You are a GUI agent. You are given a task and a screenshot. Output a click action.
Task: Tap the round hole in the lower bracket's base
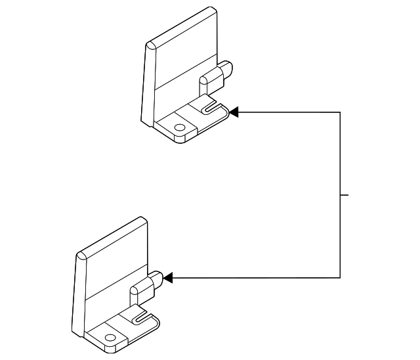(x=110, y=338)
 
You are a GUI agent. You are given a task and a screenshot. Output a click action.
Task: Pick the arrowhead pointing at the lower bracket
(x=167, y=278)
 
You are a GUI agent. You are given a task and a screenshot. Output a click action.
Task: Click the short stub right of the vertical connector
(x=345, y=195)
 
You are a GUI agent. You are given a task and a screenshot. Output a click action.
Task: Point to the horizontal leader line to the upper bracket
(x=289, y=112)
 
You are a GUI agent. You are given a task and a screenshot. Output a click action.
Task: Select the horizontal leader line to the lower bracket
(x=256, y=278)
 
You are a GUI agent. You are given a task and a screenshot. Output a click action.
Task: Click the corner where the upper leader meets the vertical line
(x=340, y=112)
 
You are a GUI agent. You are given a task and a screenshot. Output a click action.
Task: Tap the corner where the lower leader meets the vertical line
(x=340, y=278)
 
